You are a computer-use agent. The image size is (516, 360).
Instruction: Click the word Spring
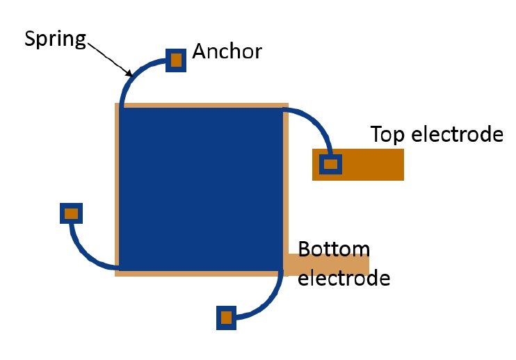tap(55, 38)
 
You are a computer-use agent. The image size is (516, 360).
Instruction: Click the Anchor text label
tap(227, 51)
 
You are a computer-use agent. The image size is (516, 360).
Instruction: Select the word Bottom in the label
tap(334, 249)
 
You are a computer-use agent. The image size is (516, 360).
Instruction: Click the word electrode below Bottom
tap(344, 279)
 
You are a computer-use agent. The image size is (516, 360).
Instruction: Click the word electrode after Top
tap(457, 133)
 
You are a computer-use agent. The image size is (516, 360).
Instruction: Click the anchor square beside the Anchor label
tap(176, 60)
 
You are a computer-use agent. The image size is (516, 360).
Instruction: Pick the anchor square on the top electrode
tap(330, 164)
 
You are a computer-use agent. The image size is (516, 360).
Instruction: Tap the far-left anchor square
tap(71, 213)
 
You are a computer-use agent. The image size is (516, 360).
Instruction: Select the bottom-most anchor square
tap(226, 318)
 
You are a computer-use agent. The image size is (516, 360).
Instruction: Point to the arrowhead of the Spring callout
tap(129, 74)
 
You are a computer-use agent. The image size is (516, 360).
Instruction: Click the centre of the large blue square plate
tap(201, 188)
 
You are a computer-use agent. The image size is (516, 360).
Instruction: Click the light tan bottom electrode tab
tap(327, 264)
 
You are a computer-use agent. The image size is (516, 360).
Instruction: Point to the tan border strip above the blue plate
tap(201, 105)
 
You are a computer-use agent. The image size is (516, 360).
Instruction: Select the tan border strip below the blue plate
tap(201, 273)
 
